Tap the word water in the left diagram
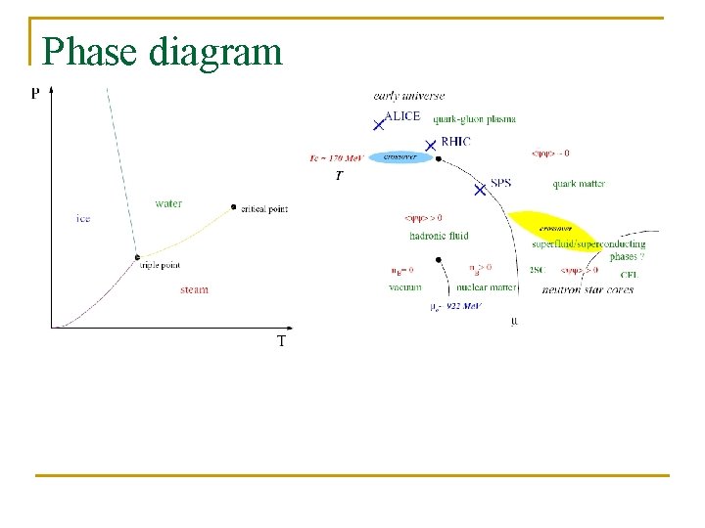pyautogui.click(x=168, y=203)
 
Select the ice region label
pyautogui.click(x=83, y=218)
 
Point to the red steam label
pyautogui.click(x=194, y=289)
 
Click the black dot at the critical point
pyautogui.click(x=233, y=206)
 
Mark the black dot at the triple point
pyautogui.click(x=138, y=257)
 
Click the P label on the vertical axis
pyautogui.click(x=36, y=93)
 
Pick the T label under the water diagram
pyautogui.click(x=281, y=341)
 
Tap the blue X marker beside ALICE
pyautogui.click(x=378, y=124)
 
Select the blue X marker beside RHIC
pyautogui.click(x=430, y=144)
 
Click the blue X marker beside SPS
pyautogui.click(x=480, y=190)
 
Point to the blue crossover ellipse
pyautogui.click(x=399, y=156)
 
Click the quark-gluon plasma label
pyautogui.click(x=474, y=119)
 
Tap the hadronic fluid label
pyautogui.click(x=439, y=236)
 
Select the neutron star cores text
pyautogui.click(x=587, y=289)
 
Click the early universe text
pyautogui.click(x=408, y=96)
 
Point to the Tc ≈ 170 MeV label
pyautogui.click(x=335, y=157)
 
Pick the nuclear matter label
pyautogui.click(x=487, y=287)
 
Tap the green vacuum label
pyautogui.click(x=404, y=287)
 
